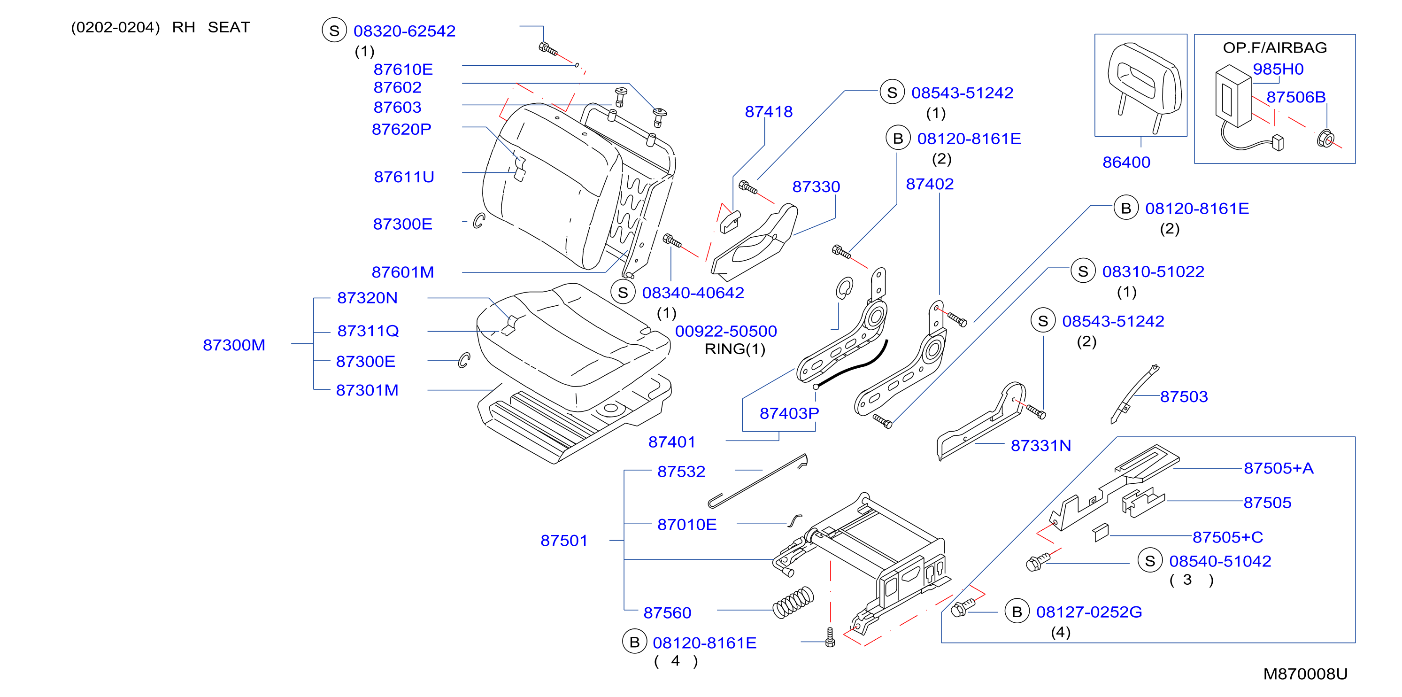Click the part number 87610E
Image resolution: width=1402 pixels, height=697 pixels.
[x=403, y=69]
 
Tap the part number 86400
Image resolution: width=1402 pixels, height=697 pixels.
[x=1126, y=162]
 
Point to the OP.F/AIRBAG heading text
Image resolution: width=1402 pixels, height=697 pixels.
[x=1275, y=48]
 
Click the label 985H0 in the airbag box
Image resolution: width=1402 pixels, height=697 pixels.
[x=1278, y=69]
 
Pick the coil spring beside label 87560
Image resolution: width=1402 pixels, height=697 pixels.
[x=793, y=603]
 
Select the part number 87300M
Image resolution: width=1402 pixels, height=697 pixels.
[x=234, y=345]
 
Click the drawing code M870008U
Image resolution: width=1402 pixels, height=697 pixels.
[x=1305, y=674]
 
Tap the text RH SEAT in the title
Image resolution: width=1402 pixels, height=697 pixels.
[x=211, y=27]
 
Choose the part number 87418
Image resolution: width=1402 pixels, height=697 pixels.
[x=769, y=112]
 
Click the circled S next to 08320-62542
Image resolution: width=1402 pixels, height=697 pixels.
[x=334, y=31]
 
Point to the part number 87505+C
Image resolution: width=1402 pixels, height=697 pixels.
[x=1227, y=537]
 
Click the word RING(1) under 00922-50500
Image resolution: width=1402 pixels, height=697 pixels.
[x=735, y=349]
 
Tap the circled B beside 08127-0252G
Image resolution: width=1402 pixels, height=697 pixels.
[x=1017, y=612]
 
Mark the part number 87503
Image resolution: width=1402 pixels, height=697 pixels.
[x=1184, y=396]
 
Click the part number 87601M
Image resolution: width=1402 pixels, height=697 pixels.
[x=403, y=272]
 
